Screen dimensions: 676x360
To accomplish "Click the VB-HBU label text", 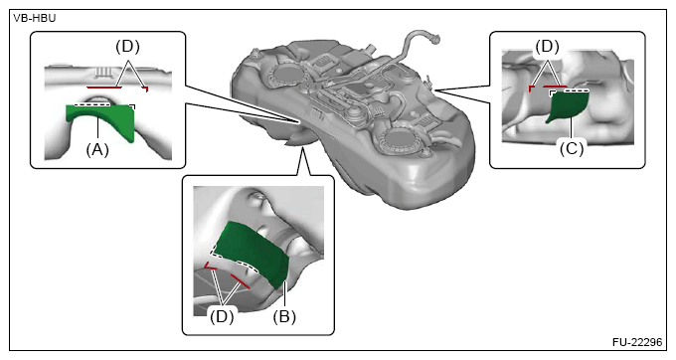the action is (35, 19).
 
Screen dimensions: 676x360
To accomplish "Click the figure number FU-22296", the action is (637, 342).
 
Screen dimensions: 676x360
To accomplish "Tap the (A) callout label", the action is (97, 150).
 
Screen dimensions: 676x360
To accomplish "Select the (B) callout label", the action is (284, 317).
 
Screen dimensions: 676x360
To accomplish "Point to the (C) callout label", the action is (572, 149).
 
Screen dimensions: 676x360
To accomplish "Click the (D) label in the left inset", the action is (127, 47).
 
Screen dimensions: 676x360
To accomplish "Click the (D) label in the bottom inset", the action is (222, 317).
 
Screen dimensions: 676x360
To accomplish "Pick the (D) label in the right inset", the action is (547, 47).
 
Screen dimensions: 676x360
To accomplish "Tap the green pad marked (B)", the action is (253, 253).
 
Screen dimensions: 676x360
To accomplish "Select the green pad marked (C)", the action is (569, 105).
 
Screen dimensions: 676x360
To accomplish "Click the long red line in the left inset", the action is (104, 88).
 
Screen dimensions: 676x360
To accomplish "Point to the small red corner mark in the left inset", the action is (146, 89).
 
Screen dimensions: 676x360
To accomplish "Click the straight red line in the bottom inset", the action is (240, 280).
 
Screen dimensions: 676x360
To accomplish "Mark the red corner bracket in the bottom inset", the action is (210, 267).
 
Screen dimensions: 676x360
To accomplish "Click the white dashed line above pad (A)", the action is (91, 104).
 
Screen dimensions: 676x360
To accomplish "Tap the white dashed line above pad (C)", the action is (576, 90).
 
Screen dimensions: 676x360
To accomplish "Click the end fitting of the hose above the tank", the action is (435, 39).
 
